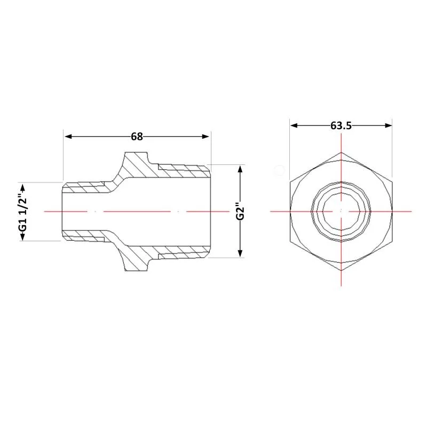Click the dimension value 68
pos(137,137)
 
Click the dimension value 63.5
pos(341,125)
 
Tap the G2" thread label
pos(240,211)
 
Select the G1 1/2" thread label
pos(23,211)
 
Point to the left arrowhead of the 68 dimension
pos(68,137)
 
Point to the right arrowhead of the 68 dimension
pos(206,137)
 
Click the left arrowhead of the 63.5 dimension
pos(294,125)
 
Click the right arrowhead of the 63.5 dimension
pos(388,125)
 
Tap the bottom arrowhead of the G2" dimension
pos(240,253)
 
